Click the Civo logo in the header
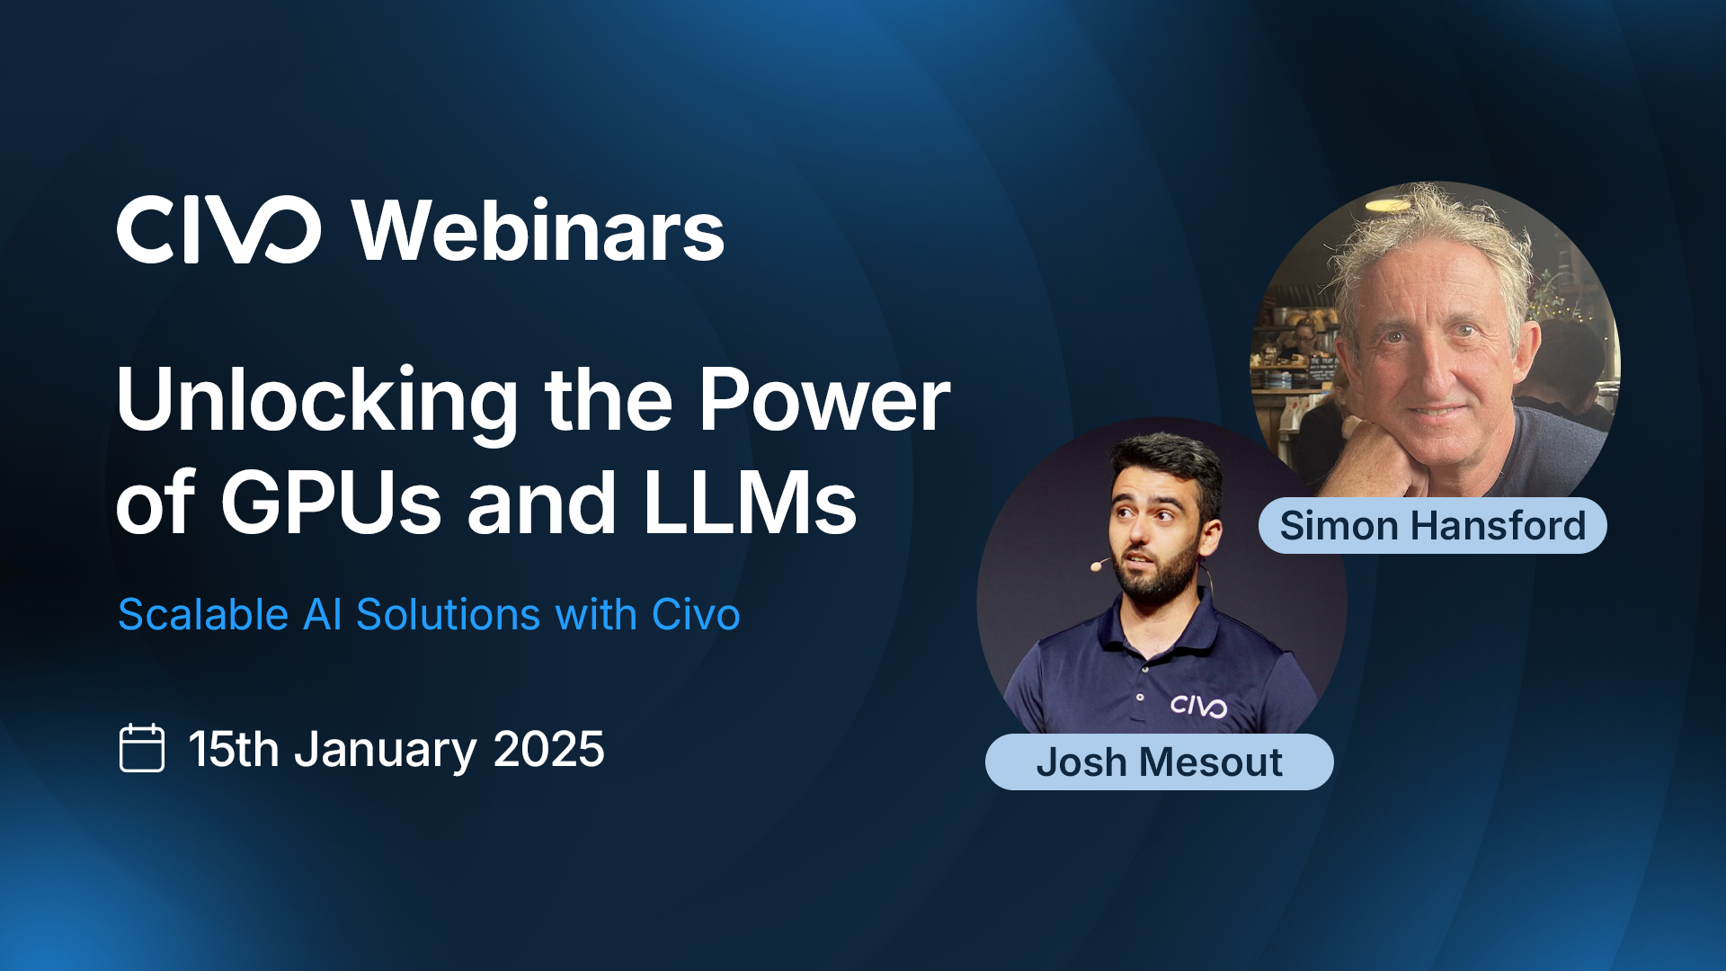pos(218,230)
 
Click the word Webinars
pos(538,231)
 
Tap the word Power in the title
pos(824,399)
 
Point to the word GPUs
pos(331,503)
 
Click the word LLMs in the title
pos(750,503)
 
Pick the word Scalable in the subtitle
pos(203,615)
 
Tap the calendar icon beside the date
pos(142,748)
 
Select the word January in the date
pos(386,750)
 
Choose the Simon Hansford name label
pos(1432,526)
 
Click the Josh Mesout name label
pos(1159,762)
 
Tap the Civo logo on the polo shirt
pos(1198,706)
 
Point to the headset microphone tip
pos(1096,566)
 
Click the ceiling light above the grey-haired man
pos(1388,206)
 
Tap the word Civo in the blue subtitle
pos(695,615)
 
